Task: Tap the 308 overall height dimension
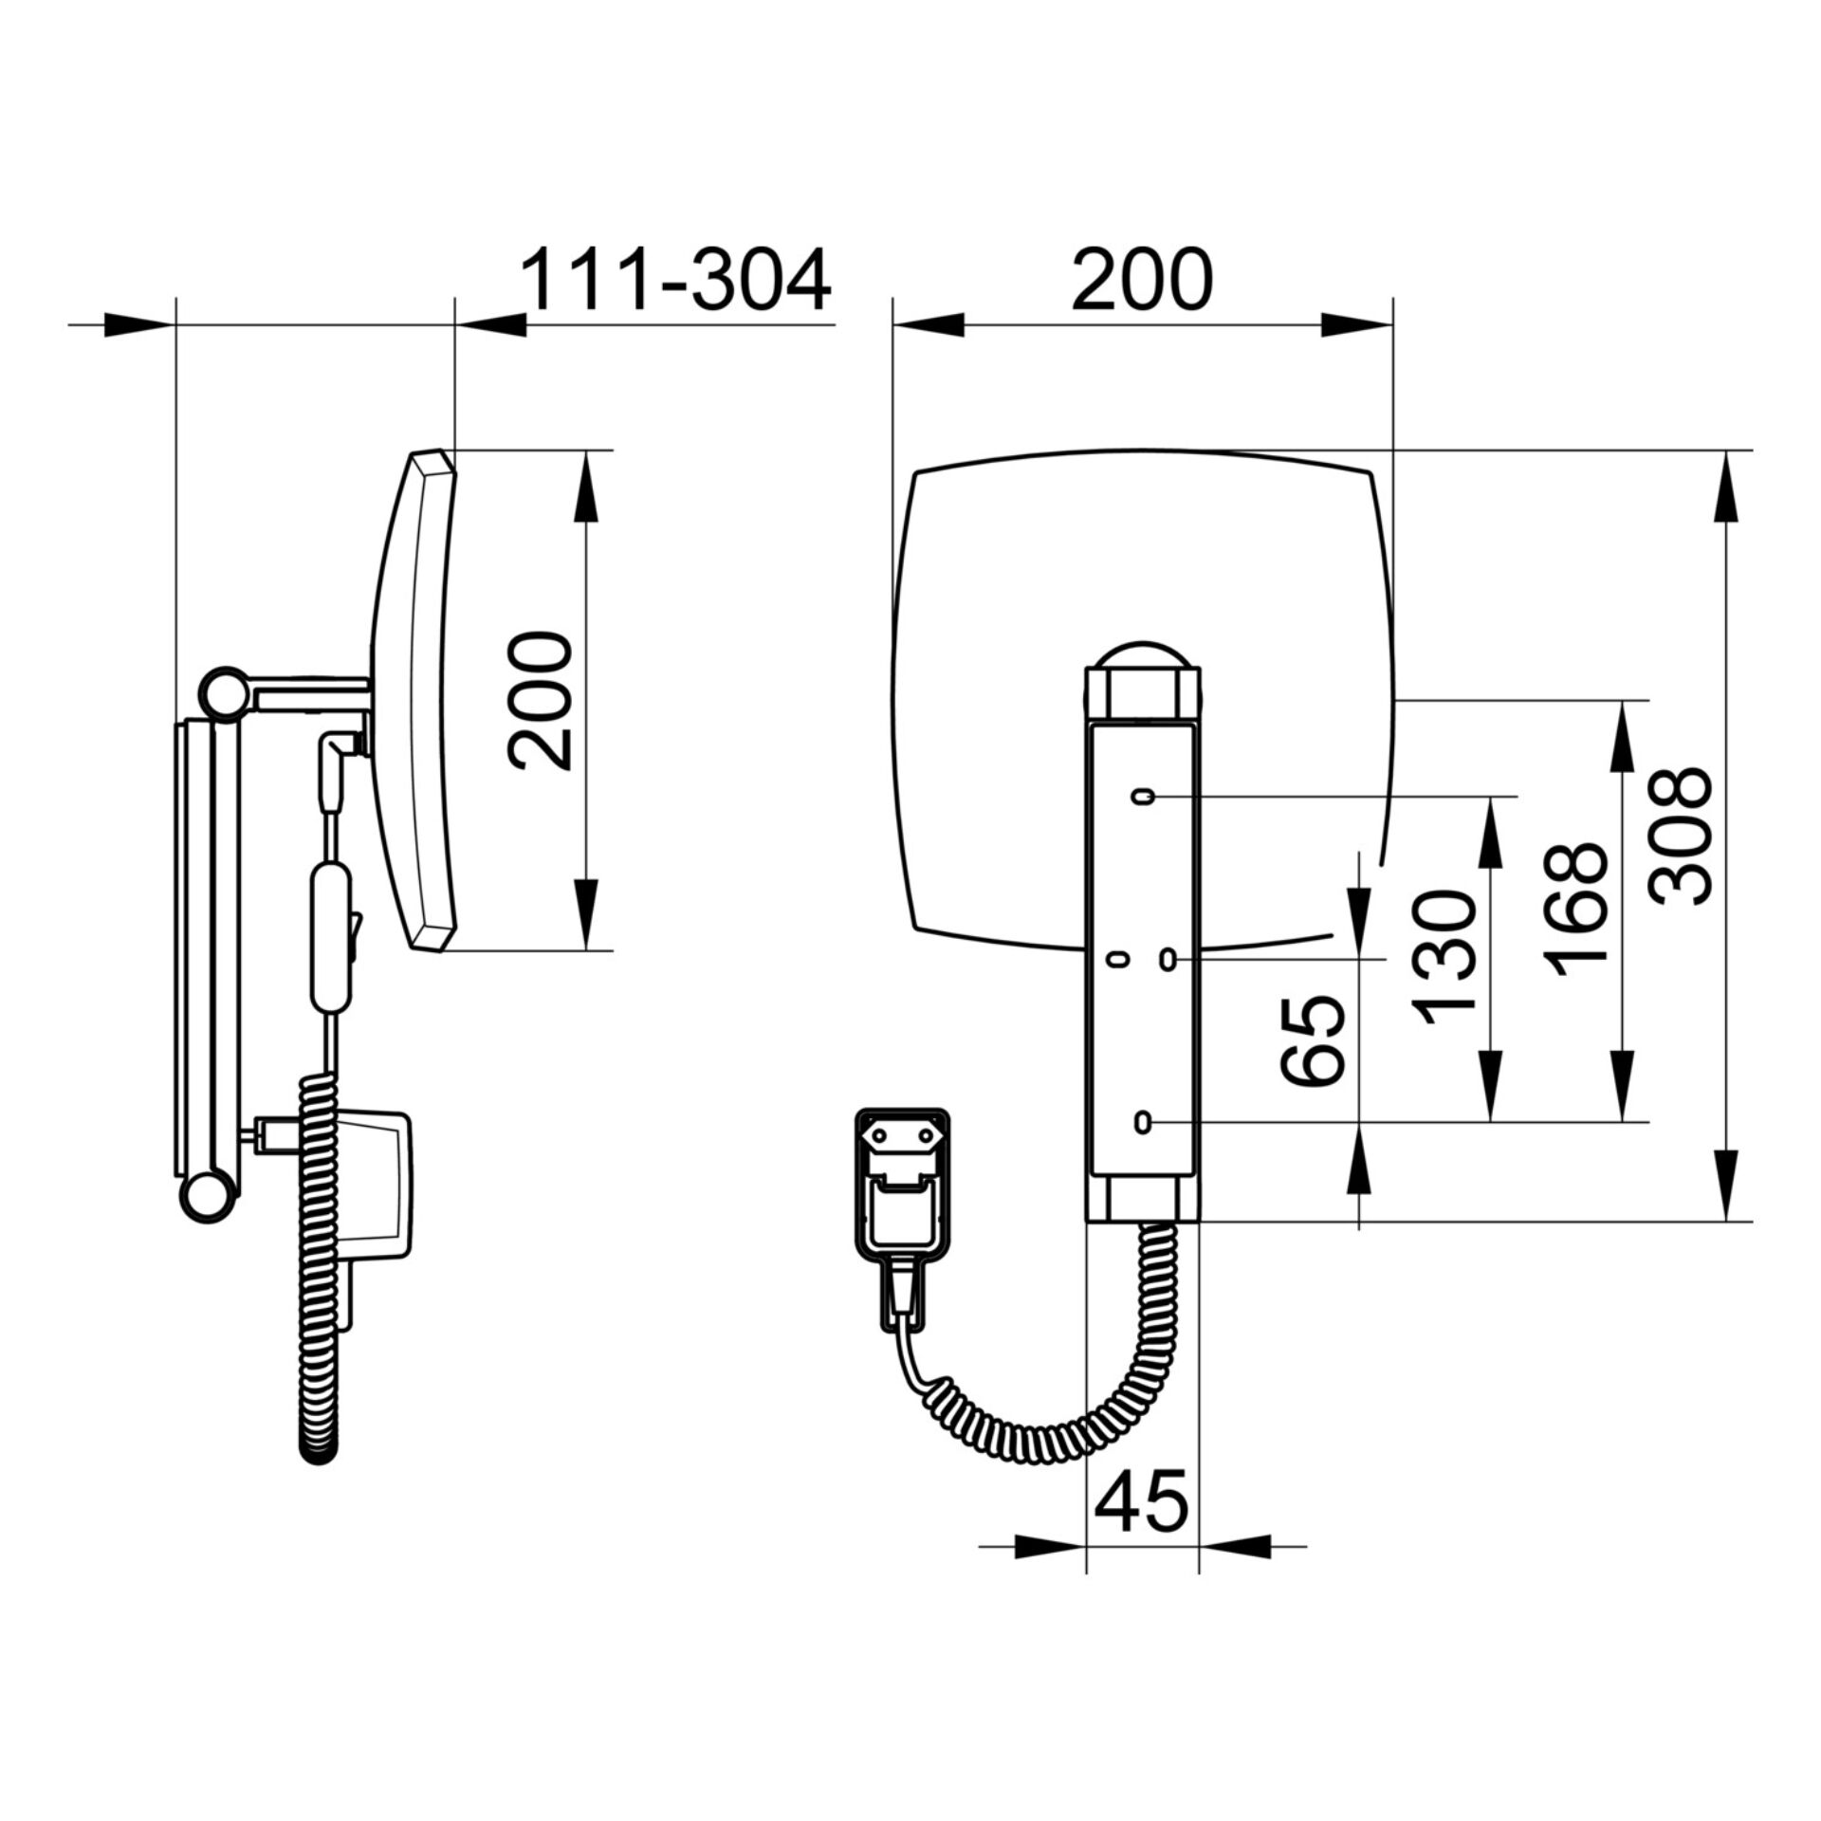[x=1680, y=836]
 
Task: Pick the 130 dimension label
[x=1444, y=959]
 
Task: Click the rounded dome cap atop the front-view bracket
[x=1143, y=653]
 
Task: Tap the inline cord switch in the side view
[x=331, y=935]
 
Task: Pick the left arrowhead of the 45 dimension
[x=1051, y=1546]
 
